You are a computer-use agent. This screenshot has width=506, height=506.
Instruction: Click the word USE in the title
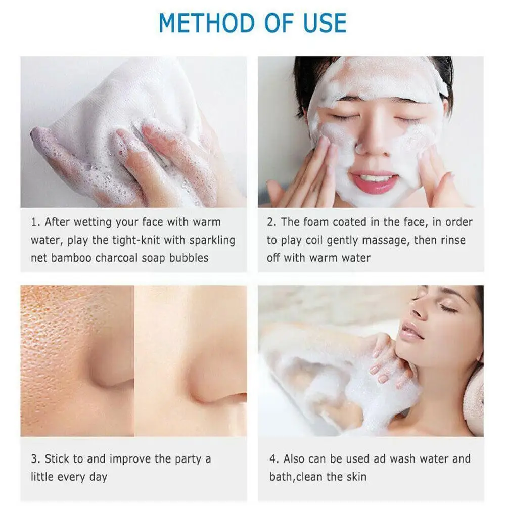tap(323, 23)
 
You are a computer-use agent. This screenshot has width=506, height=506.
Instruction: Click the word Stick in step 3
tap(57, 459)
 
